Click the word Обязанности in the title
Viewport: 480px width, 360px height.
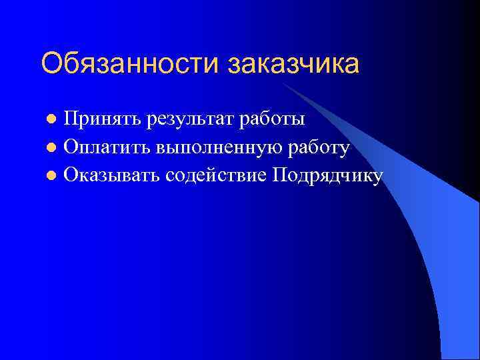131,64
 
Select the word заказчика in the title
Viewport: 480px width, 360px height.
294,64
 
